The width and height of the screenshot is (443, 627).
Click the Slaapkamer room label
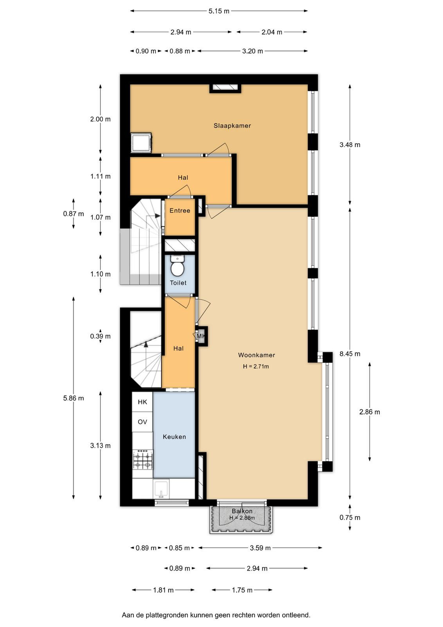click(x=232, y=126)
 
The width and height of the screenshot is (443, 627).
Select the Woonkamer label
click(x=256, y=355)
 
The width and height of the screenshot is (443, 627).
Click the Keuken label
click(x=174, y=437)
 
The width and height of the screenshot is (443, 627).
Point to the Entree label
click(x=180, y=210)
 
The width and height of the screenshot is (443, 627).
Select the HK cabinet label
click(x=142, y=402)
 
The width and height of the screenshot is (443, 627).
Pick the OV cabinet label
click(x=142, y=422)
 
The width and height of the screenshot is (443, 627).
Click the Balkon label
click(x=242, y=511)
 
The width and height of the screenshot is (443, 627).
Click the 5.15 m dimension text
click(x=219, y=11)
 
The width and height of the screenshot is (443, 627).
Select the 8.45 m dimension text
click(x=349, y=354)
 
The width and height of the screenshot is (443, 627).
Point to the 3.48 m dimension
click(x=349, y=145)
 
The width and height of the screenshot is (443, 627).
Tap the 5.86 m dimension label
click(x=73, y=398)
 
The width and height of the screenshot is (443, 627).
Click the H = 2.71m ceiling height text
click(x=256, y=366)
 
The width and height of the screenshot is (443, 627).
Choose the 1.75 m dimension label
click(x=242, y=590)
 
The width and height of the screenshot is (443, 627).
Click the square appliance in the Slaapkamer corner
click(x=141, y=143)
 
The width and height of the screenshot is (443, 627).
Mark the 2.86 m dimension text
click(x=369, y=412)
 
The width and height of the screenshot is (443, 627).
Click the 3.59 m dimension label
click(x=260, y=548)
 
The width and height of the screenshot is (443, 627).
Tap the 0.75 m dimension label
click(x=349, y=518)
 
